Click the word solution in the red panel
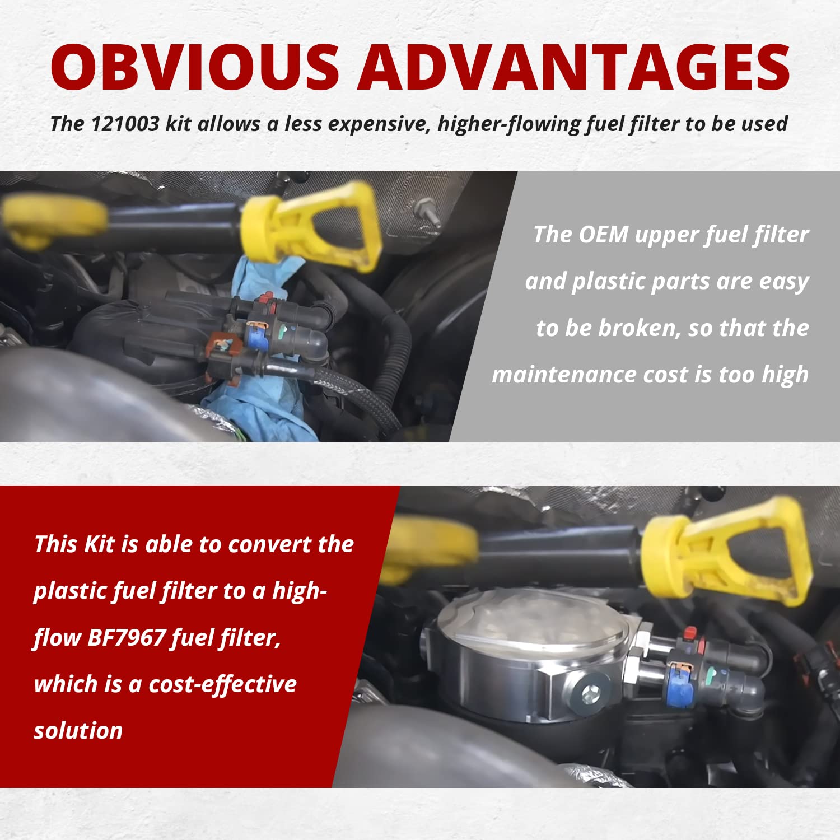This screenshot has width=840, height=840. click(78, 731)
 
